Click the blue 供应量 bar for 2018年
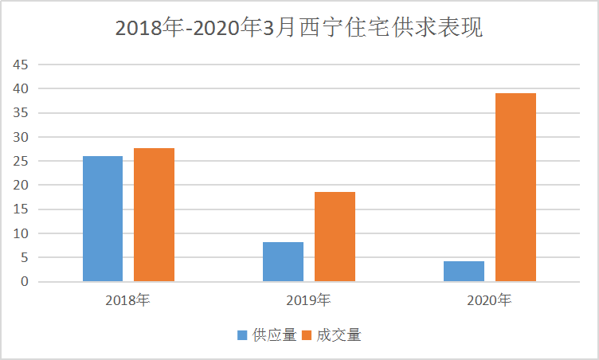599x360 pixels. click(x=103, y=219)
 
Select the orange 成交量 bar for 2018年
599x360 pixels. click(x=154, y=215)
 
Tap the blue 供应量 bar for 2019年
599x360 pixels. click(x=283, y=261)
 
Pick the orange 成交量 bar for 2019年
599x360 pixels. click(x=335, y=237)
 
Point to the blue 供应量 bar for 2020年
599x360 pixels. click(x=464, y=271)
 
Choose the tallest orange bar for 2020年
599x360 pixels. click(x=515, y=187)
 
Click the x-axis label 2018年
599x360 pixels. click(x=127, y=300)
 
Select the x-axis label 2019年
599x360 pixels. click(x=309, y=300)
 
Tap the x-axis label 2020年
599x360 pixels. click(x=489, y=300)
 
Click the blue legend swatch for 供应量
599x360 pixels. click(x=243, y=335)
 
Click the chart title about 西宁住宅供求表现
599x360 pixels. click(x=299, y=28)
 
